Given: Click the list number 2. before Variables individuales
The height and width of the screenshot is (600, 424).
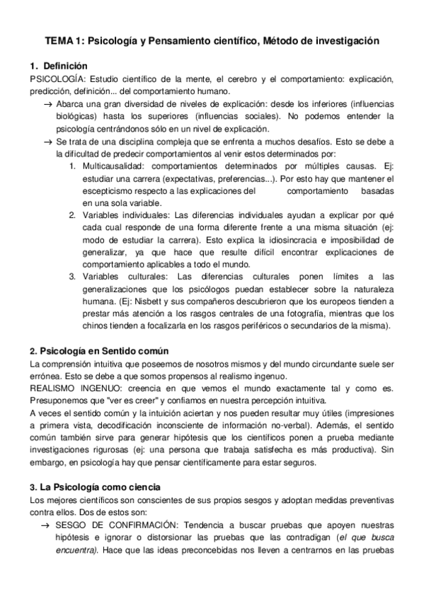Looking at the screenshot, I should point(72,214).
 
